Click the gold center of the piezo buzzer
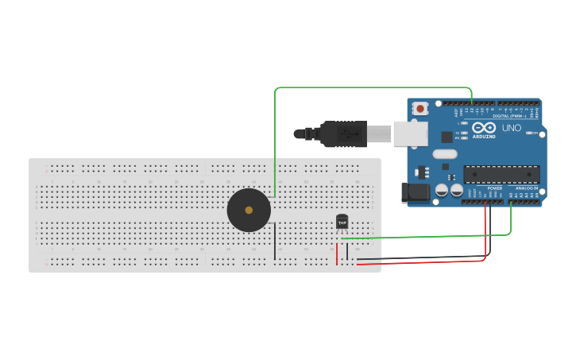[x=249, y=211]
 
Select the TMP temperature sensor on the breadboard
[x=342, y=222]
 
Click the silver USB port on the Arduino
[x=410, y=134]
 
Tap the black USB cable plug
[x=343, y=134]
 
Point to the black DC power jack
[x=416, y=192]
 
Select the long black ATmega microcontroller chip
[x=501, y=174]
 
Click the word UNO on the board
[x=511, y=128]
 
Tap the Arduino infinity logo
[x=483, y=127]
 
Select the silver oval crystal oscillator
[x=445, y=154]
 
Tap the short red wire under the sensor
[x=337, y=254]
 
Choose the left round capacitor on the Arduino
[x=441, y=191]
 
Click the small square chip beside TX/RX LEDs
[x=446, y=137]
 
